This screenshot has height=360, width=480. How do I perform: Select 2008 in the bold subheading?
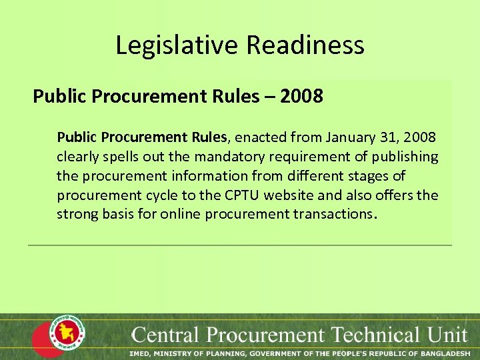(301, 97)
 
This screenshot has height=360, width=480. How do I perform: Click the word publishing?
(405, 157)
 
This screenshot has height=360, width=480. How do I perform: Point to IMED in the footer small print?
(141, 353)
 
